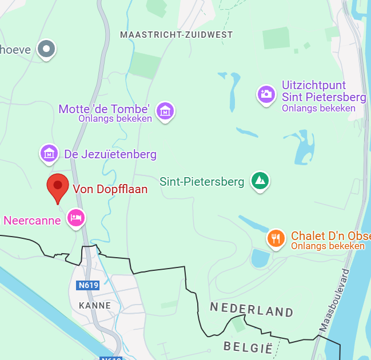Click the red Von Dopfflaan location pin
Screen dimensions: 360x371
point(57,187)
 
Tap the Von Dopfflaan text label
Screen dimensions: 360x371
point(110,189)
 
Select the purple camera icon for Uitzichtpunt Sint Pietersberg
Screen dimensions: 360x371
point(266,94)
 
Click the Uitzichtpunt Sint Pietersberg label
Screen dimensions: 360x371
point(324,90)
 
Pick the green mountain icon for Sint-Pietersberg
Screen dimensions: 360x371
point(261,181)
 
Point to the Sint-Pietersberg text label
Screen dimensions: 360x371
point(202,182)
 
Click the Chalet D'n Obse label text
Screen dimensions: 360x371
point(330,236)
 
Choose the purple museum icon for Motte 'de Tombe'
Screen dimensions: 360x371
point(165,111)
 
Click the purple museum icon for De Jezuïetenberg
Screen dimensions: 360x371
point(49,153)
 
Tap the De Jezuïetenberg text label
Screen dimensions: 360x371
point(110,154)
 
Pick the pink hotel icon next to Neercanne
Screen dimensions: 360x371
point(76,218)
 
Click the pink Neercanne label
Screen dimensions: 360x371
point(32,220)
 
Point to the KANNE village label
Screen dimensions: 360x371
point(95,306)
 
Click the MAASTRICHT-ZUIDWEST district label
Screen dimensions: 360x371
point(176,35)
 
